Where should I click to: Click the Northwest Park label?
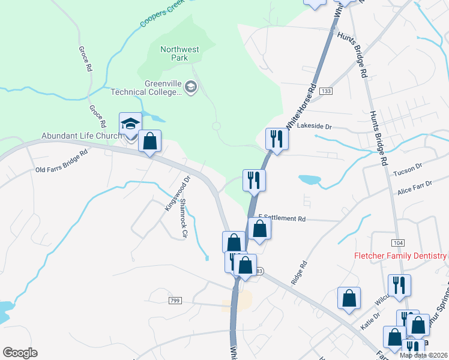(x=179, y=53)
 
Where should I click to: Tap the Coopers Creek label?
(x=162, y=14)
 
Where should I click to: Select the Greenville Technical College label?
(x=146, y=88)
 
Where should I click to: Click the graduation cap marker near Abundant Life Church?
(x=130, y=124)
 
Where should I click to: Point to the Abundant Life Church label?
(x=82, y=136)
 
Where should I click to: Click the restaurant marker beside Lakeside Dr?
(x=277, y=139)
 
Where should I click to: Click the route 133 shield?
(x=326, y=91)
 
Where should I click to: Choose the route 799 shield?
(x=175, y=299)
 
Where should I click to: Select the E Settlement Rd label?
(x=282, y=218)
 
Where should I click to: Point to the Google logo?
(x=20, y=353)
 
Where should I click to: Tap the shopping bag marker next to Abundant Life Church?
(x=150, y=142)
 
